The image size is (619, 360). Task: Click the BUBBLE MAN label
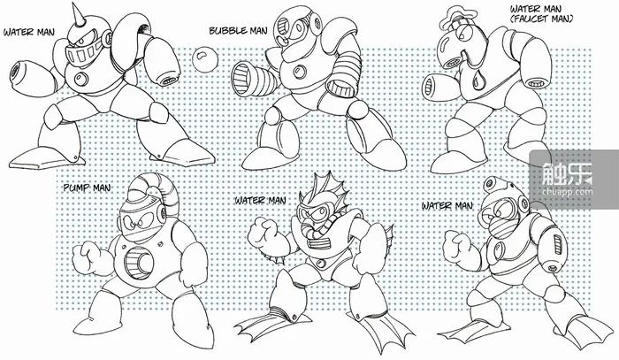click(238, 30)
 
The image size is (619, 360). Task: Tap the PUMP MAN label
click(88, 188)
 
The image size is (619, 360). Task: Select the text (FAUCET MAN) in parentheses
click(541, 19)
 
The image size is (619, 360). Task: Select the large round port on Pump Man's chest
click(139, 261)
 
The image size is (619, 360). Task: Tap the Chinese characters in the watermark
click(568, 173)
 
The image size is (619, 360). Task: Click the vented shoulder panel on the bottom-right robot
click(557, 241)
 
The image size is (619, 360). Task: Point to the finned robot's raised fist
click(262, 232)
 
